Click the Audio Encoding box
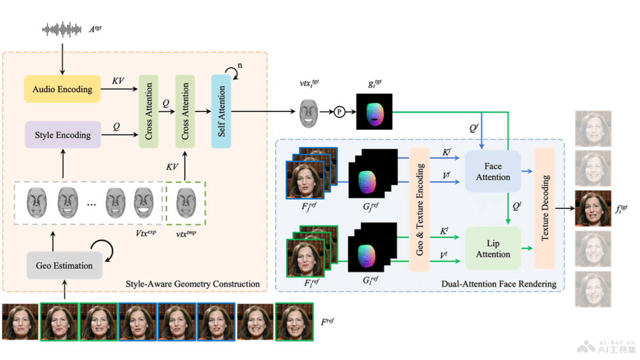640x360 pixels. pyautogui.click(x=62, y=89)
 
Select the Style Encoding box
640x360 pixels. pyautogui.click(x=62, y=135)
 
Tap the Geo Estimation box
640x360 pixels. pyautogui.click(x=64, y=266)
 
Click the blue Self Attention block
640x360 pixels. pyautogui.click(x=221, y=111)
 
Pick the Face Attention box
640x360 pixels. pyautogui.click(x=493, y=172)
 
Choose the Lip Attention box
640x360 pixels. pyautogui.click(x=493, y=249)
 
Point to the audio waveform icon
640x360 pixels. pyautogui.click(x=62, y=29)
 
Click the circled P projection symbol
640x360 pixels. pyautogui.click(x=340, y=112)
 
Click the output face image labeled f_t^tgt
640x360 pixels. pyautogui.click(x=593, y=209)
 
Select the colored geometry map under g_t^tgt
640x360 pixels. pyautogui.click(x=374, y=112)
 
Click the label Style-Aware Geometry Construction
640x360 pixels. pyautogui.click(x=193, y=284)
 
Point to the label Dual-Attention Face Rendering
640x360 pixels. pyautogui.click(x=499, y=284)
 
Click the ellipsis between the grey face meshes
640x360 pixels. pyautogui.click(x=91, y=204)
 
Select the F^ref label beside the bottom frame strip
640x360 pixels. pyautogui.click(x=327, y=322)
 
